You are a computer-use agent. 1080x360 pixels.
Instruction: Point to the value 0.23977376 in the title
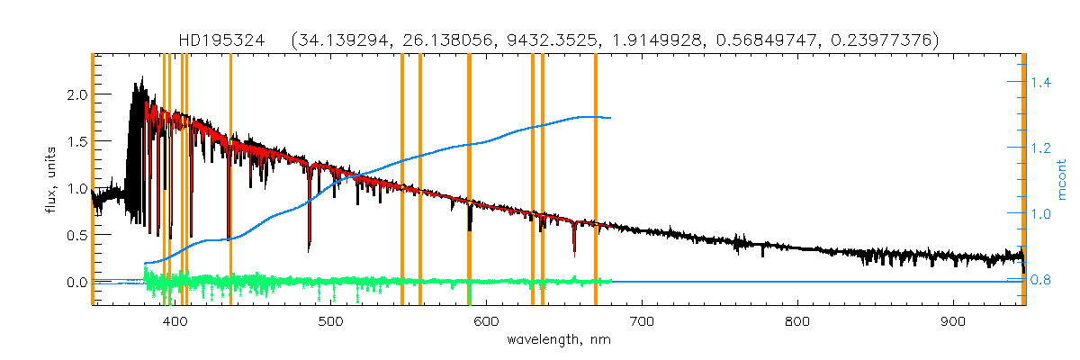coord(888,40)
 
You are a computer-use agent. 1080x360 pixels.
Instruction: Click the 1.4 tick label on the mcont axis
coord(1041,83)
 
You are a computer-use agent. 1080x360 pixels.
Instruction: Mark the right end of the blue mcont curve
coord(611,118)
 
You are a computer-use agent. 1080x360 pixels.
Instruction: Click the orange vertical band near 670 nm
coord(596,180)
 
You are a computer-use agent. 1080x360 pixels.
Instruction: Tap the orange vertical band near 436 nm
coord(230,180)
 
